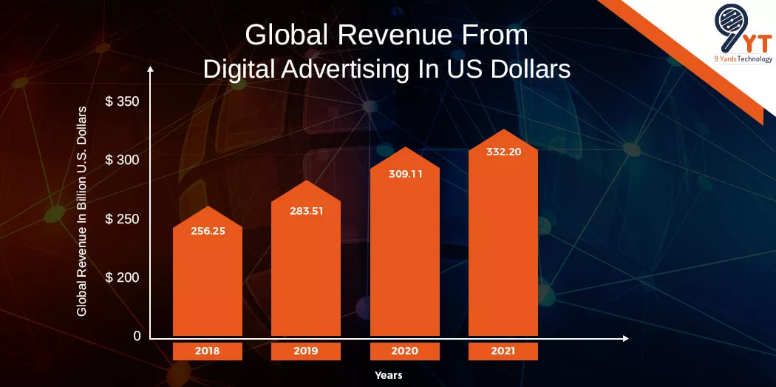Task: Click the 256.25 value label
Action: tap(208, 231)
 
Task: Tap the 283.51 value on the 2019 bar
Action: tap(306, 210)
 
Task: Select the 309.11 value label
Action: tap(405, 175)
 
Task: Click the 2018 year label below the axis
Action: tap(208, 351)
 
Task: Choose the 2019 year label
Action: tap(306, 351)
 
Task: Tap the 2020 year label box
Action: tap(405, 351)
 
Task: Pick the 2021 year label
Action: tap(503, 351)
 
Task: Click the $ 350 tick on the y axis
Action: tap(123, 101)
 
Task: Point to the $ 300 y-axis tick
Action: tap(123, 160)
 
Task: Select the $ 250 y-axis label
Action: tap(123, 219)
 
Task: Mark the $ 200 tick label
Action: tap(123, 277)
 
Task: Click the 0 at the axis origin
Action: tap(137, 336)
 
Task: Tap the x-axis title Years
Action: tap(388, 375)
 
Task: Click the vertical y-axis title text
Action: tap(82, 212)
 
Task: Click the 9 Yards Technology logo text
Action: tap(742, 60)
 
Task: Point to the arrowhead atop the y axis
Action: tap(151, 69)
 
